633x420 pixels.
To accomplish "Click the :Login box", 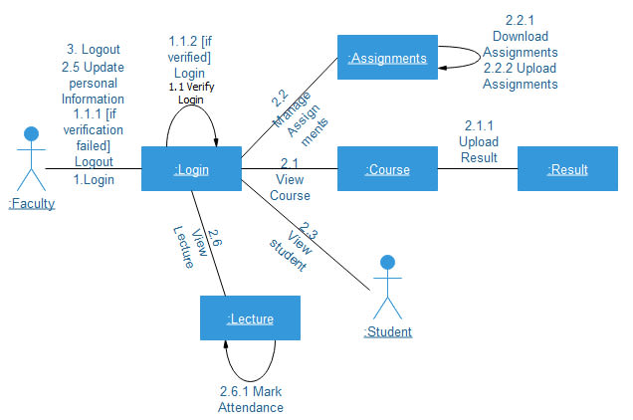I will (191, 170).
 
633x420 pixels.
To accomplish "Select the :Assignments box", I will (387, 59).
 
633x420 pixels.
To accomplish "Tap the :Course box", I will (387, 170).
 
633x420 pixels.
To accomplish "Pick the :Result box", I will (567, 170).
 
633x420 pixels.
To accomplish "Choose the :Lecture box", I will (250, 318).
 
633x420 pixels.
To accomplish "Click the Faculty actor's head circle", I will (32, 133).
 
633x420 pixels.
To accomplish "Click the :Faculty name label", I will (32, 204).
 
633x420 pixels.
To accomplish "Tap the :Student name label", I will (387, 331).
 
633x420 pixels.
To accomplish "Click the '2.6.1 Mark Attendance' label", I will (251, 399).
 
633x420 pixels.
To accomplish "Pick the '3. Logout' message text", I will (93, 50).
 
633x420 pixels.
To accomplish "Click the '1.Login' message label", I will (94, 180).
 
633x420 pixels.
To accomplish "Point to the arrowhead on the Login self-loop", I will (215, 143).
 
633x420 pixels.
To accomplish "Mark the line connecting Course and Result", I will (477, 170).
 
